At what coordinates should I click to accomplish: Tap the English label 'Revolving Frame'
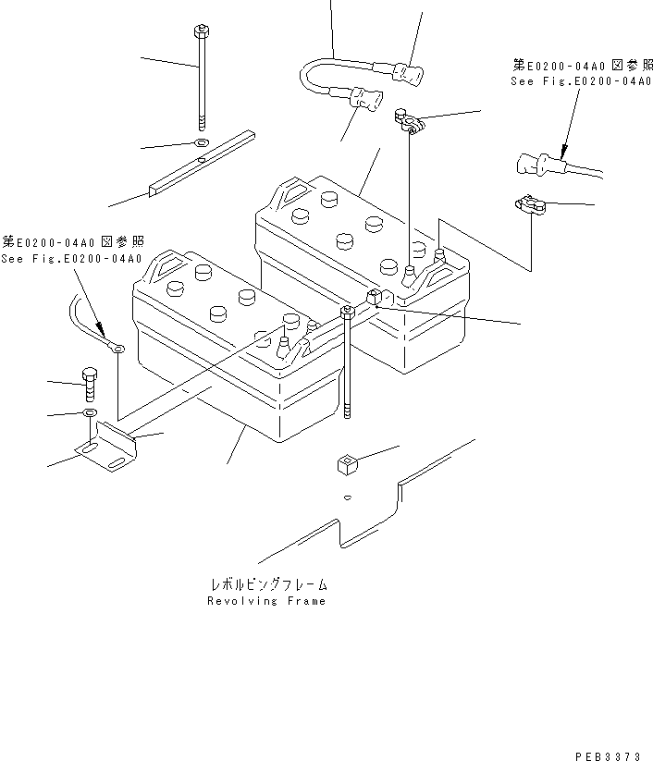(x=266, y=601)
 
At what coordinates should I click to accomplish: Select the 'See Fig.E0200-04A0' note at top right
(x=569, y=80)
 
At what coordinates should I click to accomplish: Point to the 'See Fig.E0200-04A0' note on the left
(x=71, y=259)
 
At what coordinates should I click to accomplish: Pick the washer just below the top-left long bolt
(x=202, y=143)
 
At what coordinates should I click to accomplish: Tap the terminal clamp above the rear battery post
(x=408, y=120)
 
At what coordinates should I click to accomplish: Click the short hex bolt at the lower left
(x=89, y=383)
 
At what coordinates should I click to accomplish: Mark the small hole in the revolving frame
(x=346, y=497)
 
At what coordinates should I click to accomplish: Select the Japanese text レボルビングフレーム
(x=267, y=586)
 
